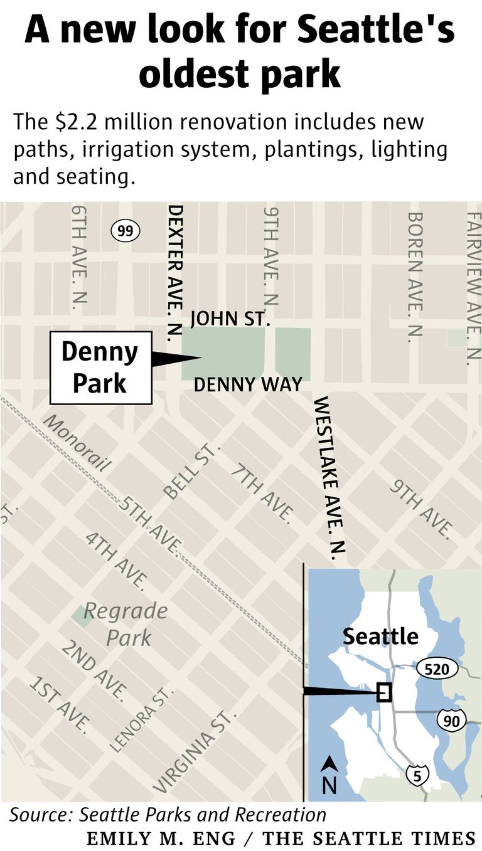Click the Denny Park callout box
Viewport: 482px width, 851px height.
[x=100, y=367]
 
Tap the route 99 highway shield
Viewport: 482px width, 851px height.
[x=125, y=231]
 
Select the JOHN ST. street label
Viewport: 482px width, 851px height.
[x=230, y=319]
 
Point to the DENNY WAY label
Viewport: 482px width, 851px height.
[x=248, y=384]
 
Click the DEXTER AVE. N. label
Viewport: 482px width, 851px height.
[x=175, y=273]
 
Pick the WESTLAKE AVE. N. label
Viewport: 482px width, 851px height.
[x=330, y=477]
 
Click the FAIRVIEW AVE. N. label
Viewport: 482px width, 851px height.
[x=473, y=288]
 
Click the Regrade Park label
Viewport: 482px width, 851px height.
[x=126, y=624]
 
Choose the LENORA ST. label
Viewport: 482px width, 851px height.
[x=141, y=719]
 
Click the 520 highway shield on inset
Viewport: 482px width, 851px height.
[x=436, y=669]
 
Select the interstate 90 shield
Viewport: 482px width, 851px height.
[x=451, y=721]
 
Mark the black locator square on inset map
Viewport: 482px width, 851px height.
[x=383, y=692]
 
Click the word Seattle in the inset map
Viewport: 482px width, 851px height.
[x=380, y=637]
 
